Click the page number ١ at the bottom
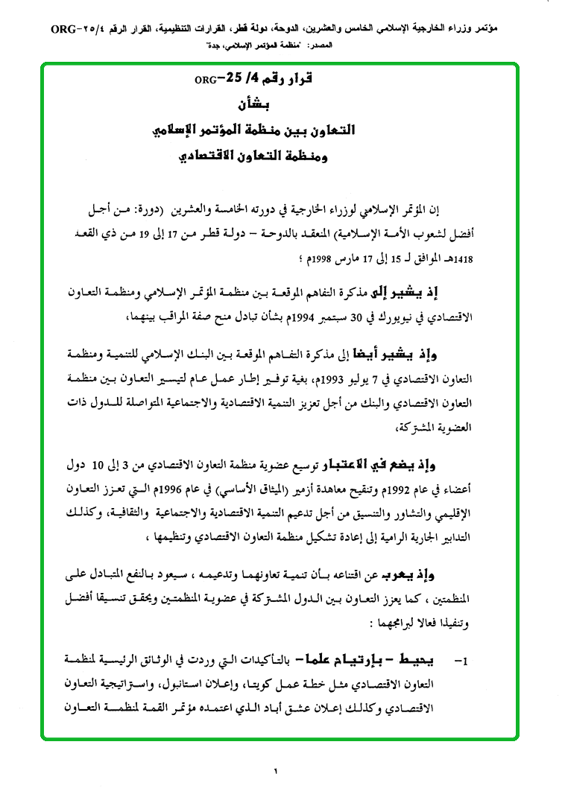pos(274,771)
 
